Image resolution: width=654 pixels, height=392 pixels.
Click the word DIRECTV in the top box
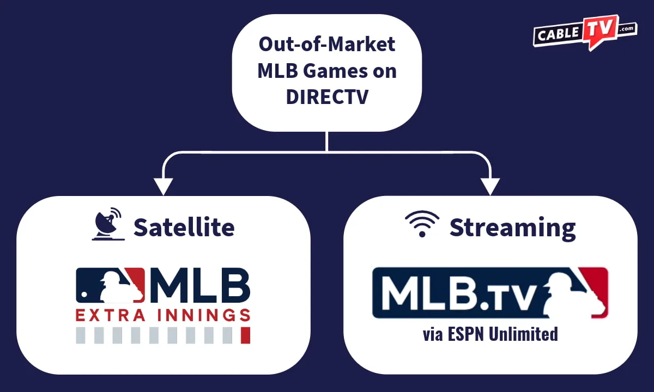(327, 96)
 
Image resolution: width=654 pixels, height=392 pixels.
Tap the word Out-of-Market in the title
(327, 44)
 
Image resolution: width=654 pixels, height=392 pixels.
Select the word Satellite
(184, 227)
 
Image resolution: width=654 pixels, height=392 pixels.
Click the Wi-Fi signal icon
(422, 223)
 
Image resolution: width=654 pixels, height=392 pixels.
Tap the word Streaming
(512, 227)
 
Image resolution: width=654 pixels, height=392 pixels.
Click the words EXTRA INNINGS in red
(163, 315)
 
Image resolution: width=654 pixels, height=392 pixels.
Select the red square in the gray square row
(245, 335)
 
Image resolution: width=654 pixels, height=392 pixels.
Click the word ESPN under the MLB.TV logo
(466, 333)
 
